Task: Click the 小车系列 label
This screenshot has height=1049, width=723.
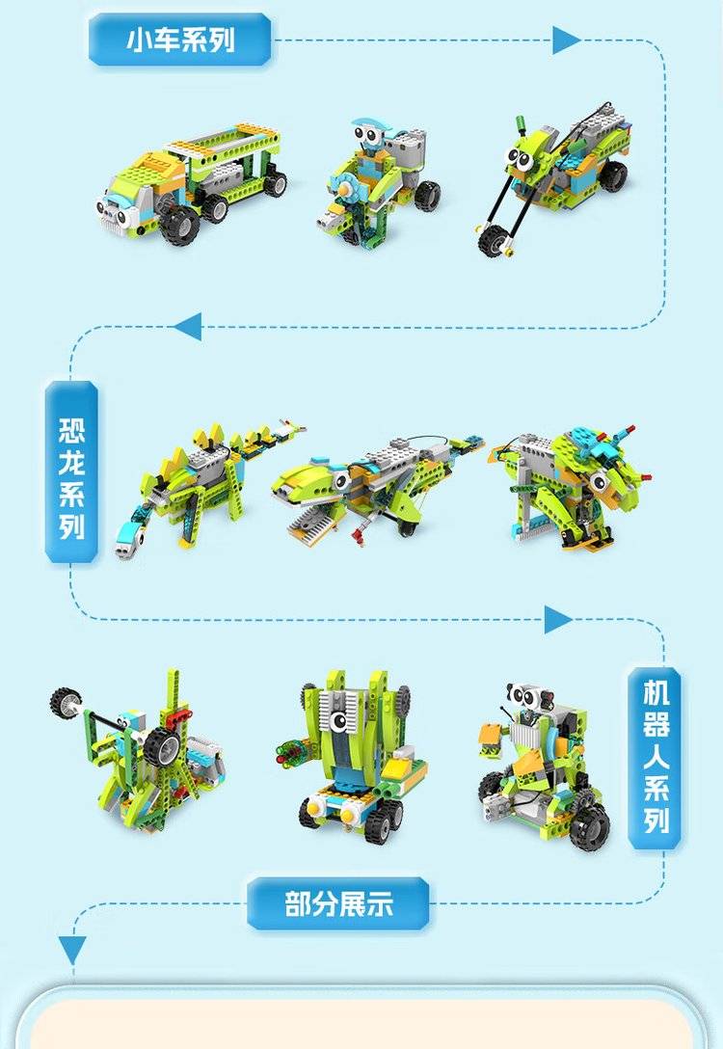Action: click(180, 40)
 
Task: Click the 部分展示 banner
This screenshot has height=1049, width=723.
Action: click(338, 903)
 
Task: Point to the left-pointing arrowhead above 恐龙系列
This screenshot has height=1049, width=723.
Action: click(188, 327)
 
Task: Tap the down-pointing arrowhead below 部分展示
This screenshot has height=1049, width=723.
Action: click(72, 950)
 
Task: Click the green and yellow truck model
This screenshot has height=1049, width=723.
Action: click(192, 180)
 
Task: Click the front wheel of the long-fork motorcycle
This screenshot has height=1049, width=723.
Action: click(493, 240)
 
